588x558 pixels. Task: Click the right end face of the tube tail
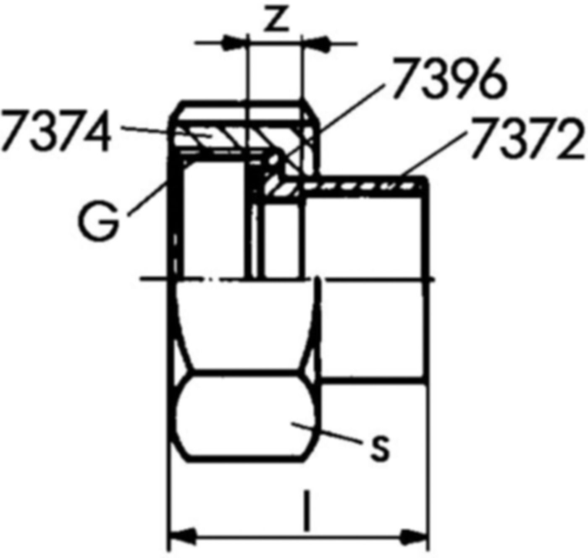428,277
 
